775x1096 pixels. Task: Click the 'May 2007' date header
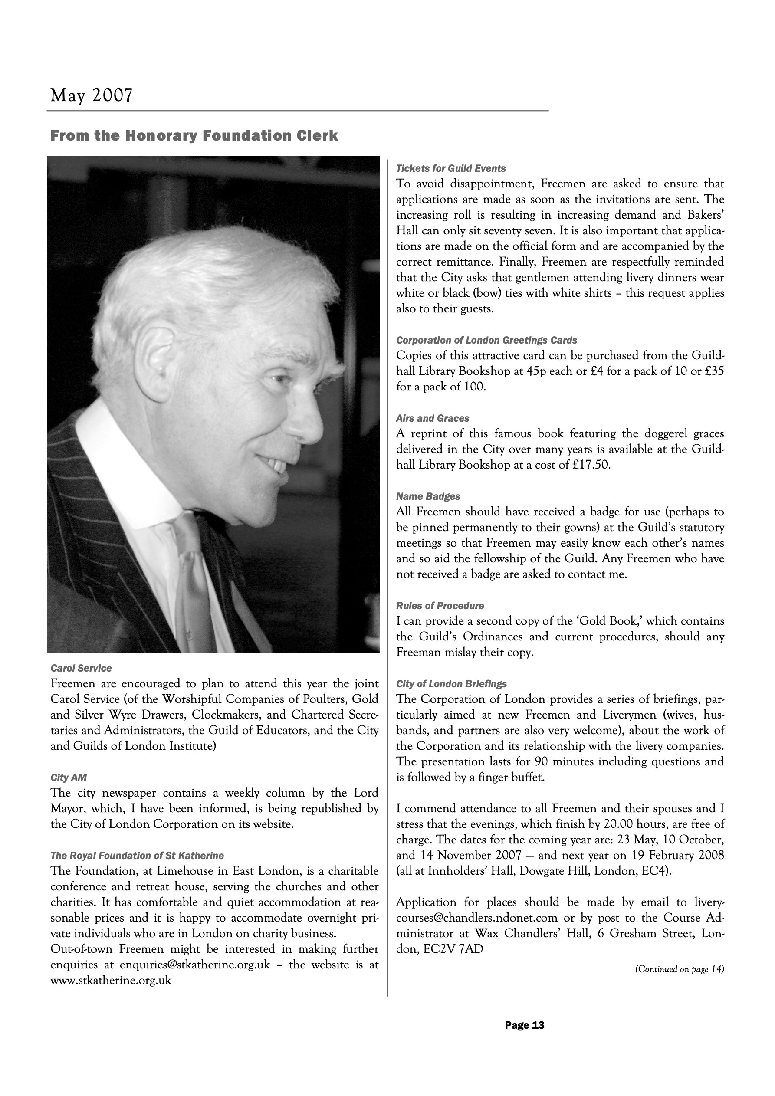pos(91,96)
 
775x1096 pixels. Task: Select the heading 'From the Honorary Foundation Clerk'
pos(194,136)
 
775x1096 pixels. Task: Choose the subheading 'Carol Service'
pos(81,668)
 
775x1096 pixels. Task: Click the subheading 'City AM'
pos(68,778)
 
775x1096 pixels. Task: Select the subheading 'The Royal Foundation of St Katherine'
pos(137,856)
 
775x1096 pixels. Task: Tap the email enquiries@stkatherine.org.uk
pos(195,965)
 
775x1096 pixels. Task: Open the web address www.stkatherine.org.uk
pos(111,981)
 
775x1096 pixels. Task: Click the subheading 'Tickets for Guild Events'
pos(450,168)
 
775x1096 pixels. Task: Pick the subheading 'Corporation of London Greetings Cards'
pos(486,340)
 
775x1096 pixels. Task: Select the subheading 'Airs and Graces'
pos(432,419)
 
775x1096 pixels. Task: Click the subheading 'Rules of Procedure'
pos(440,606)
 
